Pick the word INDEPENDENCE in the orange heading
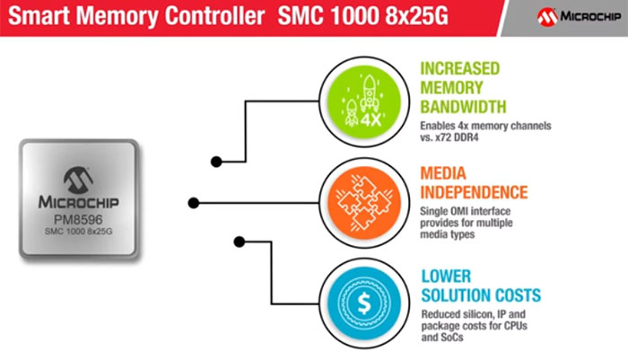[x=474, y=193]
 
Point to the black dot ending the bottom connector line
[x=240, y=241]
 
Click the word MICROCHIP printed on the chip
[x=77, y=200]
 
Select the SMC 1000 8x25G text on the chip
[x=77, y=232]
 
